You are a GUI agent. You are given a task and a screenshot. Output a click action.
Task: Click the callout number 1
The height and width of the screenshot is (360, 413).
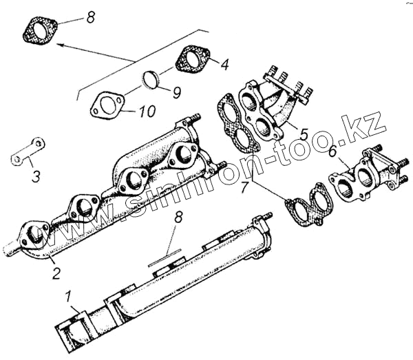(x=68, y=299)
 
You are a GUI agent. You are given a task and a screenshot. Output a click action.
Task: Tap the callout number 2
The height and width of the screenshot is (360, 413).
(x=57, y=273)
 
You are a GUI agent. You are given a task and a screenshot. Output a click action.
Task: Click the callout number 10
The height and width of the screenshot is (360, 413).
(x=147, y=109)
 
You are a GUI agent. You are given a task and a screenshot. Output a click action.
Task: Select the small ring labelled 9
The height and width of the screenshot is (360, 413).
(x=151, y=80)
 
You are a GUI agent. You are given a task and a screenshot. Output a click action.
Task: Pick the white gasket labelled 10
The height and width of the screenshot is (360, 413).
(x=106, y=105)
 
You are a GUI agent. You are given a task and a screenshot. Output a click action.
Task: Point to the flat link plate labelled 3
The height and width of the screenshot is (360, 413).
(x=28, y=152)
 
